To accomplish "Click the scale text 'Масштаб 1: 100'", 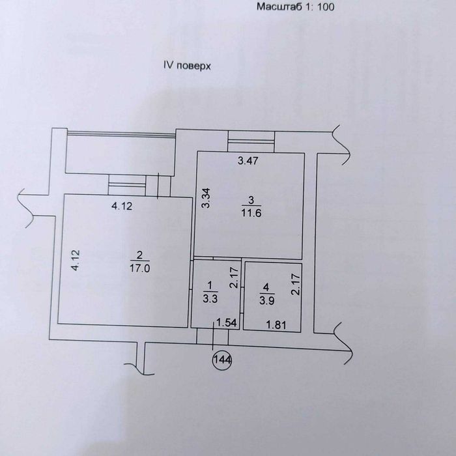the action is coord(295,7).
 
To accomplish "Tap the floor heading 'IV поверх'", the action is coord(187,66).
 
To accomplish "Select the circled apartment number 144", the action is coord(223,360).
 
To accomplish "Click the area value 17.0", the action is coord(140,268).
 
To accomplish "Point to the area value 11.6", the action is coord(251,213).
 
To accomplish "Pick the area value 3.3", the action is coord(210,298).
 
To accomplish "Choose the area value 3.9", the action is coord(266,300).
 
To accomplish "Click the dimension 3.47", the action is coord(248,160).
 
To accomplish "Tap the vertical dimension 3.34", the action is coord(206,198).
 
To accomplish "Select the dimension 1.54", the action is coord(227,323).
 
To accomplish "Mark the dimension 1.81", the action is coord(276,325).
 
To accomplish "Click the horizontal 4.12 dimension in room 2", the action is coord(122,207).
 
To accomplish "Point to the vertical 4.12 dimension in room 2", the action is coord(76,261).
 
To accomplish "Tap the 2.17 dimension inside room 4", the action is coord(296,285).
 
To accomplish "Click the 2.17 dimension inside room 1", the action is coord(234,278).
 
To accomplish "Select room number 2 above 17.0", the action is coord(139,255).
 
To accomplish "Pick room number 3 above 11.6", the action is coord(251,200).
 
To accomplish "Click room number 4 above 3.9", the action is coord(266,288).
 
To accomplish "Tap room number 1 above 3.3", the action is coord(210,285).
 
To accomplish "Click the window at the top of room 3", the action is coord(251,141).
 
